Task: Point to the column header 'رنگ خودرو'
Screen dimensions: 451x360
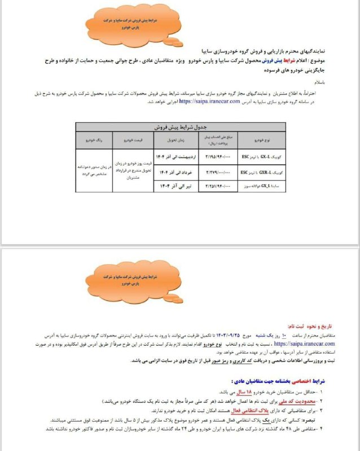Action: (94, 139)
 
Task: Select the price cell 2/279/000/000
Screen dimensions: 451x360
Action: (212, 169)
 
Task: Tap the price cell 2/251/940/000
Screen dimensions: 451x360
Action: (212, 184)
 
